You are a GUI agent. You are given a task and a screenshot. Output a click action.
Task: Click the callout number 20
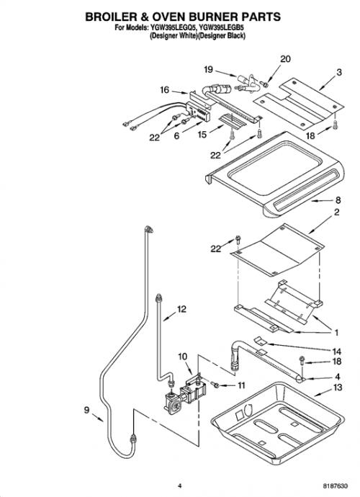(x=285, y=59)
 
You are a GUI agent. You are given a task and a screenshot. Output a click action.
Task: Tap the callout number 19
(x=209, y=69)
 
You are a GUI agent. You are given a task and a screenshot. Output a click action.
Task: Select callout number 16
(x=165, y=90)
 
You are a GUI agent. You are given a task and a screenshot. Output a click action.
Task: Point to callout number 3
(x=339, y=72)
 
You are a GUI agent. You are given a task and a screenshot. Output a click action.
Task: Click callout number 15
(x=202, y=135)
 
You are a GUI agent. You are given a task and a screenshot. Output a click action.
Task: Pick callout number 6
(x=176, y=136)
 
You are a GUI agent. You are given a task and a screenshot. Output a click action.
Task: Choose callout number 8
(x=338, y=200)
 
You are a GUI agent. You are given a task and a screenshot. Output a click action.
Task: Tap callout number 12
(x=181, y=309)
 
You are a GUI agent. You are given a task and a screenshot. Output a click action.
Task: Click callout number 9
(x=86, y=410)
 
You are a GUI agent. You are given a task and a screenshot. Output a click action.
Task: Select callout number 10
(x=183, y=357)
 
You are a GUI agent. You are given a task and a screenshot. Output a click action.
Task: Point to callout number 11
(x=241, y=385)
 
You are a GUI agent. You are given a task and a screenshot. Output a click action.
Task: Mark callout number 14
(x=336, y=352)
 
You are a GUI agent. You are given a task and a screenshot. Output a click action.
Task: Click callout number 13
(x=338, y=388)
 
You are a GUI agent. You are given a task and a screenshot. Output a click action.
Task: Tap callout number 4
(x=338, y=377)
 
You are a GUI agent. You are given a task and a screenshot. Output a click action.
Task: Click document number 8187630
(x=336, y=486)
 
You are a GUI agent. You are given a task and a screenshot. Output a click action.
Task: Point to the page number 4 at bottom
(x=180, y=486)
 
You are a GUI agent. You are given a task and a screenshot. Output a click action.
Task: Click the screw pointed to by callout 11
(x=215, y=385)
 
